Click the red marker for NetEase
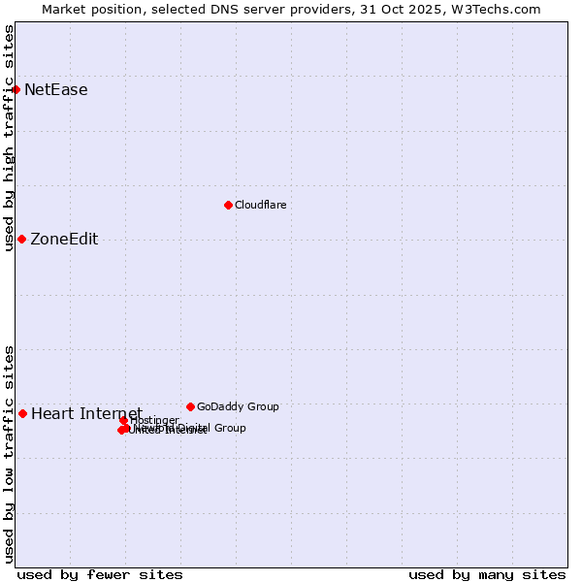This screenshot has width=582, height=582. coord(16,89)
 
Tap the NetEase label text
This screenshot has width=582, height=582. coord(56,90)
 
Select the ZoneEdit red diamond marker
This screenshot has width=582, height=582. coord(21,239)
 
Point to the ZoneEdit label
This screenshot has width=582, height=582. coord(64,240)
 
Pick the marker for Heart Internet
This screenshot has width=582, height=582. coord(22,413)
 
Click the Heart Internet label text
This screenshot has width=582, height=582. coord(86,414)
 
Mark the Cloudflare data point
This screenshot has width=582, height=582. coord(228,205)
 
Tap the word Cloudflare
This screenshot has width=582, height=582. coord(260,205)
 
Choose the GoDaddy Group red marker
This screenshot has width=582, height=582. coord(190,406)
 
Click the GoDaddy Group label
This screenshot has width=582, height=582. coord(238,406)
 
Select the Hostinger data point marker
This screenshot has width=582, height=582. coord(124,420)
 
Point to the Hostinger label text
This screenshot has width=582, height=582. coord(154,420)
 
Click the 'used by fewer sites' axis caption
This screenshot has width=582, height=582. coord(100,575)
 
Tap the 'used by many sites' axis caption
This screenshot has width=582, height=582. coord(487,575)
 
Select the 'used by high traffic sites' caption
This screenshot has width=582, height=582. coord(9,137)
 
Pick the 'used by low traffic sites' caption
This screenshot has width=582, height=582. coord(9,453)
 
